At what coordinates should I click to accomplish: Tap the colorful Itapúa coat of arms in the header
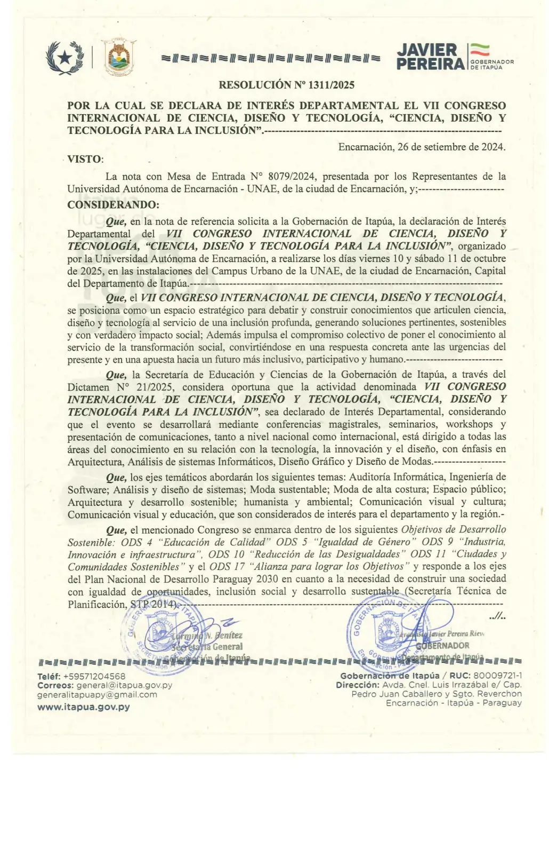click(x=118, y=57)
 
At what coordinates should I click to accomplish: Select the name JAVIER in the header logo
click(x=427, y=50)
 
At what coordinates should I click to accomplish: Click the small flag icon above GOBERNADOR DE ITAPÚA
click(x=480, y=50)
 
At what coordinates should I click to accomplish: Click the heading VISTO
click(x=85, y=159)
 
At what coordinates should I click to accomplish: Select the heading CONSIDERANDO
click(x=113, y=205)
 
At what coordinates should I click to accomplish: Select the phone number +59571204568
click(x=94, y=676)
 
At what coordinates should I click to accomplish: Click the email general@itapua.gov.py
click(x=124, y=685)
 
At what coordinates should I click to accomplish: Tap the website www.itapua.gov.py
click(x=84, y=707)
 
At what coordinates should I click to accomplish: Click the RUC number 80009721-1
click(x=498, y=676)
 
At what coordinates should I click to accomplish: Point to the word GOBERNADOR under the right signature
click(x=442, y=646)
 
